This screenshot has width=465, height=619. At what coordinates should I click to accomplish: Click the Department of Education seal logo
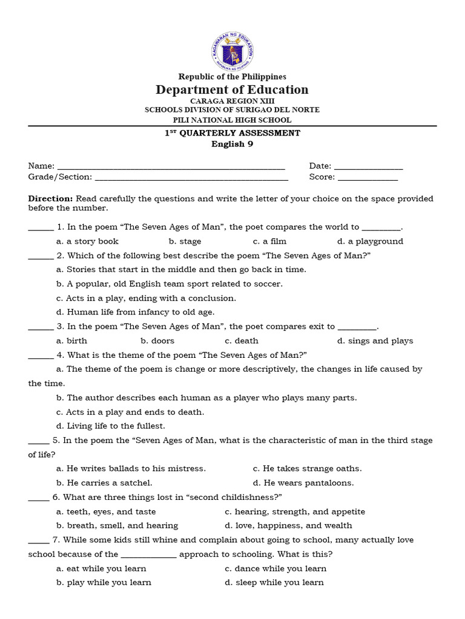coord(232,50)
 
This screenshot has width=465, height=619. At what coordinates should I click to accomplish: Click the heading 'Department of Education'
coord(232,90)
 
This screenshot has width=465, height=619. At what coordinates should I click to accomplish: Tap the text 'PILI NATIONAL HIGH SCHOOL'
coord(232,120)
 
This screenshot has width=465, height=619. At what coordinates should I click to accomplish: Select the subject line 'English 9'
coord(232,144)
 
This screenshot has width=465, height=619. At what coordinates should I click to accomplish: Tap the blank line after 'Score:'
coord(368,178)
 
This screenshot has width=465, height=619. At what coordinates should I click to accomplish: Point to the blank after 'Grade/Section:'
coord(191,178)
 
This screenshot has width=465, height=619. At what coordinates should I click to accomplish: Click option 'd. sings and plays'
coord(375,341)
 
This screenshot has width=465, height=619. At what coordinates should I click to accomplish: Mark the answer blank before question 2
coord(41,256)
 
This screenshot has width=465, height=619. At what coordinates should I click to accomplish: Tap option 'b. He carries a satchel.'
coord(104,483)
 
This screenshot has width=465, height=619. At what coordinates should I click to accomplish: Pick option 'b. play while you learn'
coord(104,583)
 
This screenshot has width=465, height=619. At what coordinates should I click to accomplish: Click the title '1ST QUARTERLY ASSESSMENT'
coord(232,133)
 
